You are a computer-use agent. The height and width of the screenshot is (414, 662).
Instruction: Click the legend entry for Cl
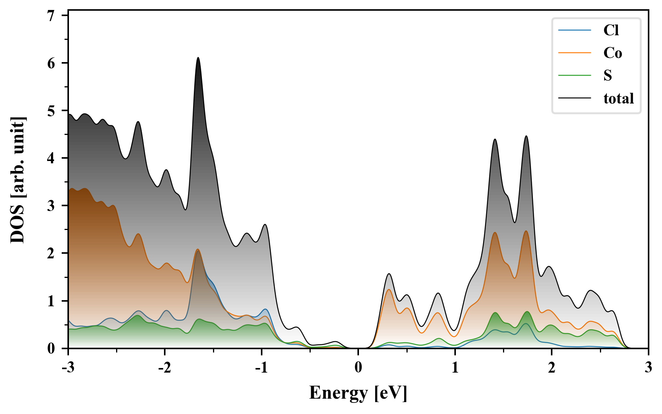tap(611, 30)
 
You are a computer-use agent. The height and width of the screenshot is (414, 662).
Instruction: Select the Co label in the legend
tap(613, 53)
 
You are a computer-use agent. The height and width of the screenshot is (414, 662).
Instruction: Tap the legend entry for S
tap(608, 76)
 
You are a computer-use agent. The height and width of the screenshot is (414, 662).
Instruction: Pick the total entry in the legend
tap(618, 99)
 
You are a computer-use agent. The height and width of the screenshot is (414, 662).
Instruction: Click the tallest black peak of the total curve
tap(198, 58)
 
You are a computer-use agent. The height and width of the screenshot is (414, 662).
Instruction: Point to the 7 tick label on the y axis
tap(51, 15)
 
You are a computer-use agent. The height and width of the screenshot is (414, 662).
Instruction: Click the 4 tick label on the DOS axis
tap(51, 158)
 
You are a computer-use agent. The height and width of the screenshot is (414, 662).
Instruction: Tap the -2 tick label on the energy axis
tap(164, 368)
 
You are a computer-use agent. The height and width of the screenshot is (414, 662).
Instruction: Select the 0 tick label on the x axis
tap(358, 368)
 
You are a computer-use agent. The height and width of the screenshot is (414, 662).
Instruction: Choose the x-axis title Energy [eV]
tap(358, 393)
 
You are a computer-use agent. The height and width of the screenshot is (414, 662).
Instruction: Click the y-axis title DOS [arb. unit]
tap(18, 180)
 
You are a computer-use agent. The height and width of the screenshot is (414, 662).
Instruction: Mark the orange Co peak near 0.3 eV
tap(389, 289)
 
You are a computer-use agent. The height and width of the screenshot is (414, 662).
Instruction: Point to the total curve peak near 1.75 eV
tap(526, 136)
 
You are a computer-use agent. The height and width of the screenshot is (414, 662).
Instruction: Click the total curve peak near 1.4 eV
tap(495, 139)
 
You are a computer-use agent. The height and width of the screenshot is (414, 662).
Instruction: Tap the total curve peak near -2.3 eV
tap(138, 122)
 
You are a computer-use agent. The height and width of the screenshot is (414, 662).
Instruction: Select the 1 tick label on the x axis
tap(455, 368)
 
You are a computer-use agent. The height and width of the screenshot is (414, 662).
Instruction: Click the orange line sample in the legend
tap(575, 53)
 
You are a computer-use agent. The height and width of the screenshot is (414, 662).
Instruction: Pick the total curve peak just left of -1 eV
tap(265, 225)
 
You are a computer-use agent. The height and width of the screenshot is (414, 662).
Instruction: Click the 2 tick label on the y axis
tap(51, 253)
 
